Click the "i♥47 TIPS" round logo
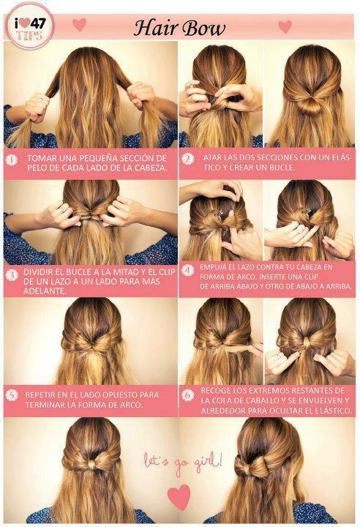click(x=29, y=26)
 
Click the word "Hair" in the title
click(x=154, y=29)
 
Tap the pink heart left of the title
click(x=79, y=25)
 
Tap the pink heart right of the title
click(x=285, y=26)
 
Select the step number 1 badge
click(x=12, y=160)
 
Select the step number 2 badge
click(x=187, y=159)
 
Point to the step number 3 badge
click(x=12, y=275)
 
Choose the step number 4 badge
click(x=187, y=270)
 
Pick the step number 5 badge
click(x=12, y=395)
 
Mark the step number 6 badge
click(x=187, y=395)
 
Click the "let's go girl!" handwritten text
click(x=183, y=461)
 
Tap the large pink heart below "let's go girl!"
click(x=179, y=497)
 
